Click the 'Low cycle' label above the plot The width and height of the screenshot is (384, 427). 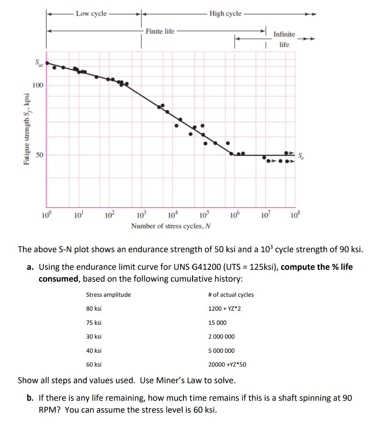coord(91,14)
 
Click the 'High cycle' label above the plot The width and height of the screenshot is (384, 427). coord(225,14)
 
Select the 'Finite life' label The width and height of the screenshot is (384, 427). coord(160,31)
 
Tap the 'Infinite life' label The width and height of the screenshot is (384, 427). coord(284,39)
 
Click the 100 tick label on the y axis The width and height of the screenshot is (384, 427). coord(38,85)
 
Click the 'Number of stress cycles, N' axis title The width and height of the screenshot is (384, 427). coord(171,226)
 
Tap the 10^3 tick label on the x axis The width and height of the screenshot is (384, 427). coord(142,216)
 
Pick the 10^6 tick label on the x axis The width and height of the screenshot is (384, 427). coord(234,216)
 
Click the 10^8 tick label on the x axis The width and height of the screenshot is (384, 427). coord(296,216)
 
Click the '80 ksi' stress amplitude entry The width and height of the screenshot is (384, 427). coord(94,309)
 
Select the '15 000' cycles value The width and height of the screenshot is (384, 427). coord(217,323)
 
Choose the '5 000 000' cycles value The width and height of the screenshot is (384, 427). coord(221,351)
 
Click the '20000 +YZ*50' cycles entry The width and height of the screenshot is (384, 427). coord(227,364)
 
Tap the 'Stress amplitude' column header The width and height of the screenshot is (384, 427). coord(108,295)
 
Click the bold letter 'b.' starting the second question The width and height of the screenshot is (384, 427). coord(30,398)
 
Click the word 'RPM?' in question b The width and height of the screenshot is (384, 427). coord(50,409)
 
